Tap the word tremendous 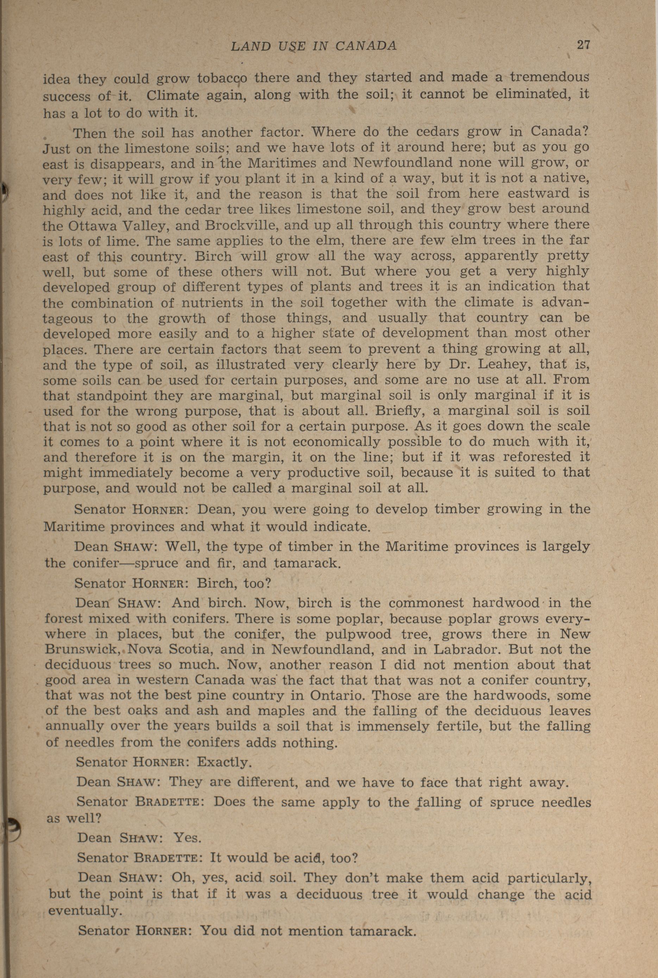(549, 78)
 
